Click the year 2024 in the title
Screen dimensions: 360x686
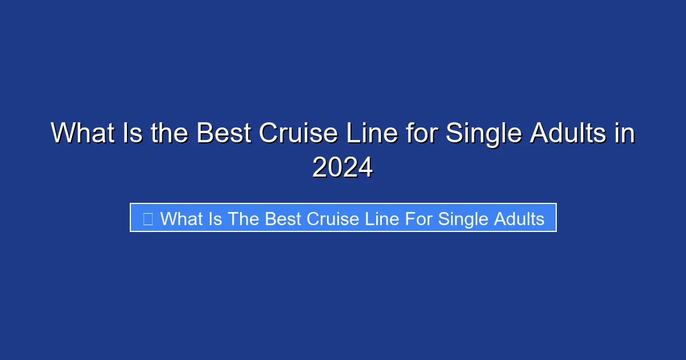(342, 168)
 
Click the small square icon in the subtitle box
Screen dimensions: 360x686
(147, 218)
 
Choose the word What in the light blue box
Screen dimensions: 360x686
(182, 218)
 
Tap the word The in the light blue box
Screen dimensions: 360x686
(244, 218)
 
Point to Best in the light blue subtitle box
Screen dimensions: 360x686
(285, 218)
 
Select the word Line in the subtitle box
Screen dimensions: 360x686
(382, 218)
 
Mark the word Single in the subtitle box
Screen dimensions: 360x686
(462, 218)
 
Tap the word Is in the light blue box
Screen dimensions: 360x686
(216, 218)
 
